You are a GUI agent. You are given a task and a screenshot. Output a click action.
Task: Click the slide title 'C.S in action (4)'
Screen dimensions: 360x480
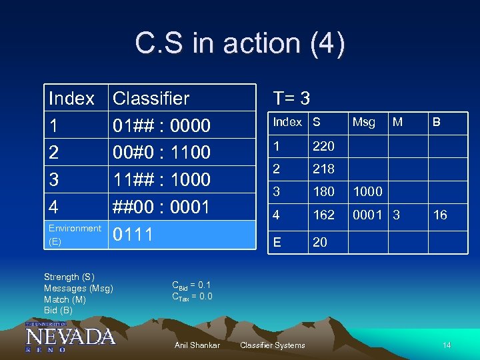pyautogui.click(x=240, y=44)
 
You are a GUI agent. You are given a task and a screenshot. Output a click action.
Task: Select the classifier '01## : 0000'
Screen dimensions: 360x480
pyautogui.click(x=162, y=125)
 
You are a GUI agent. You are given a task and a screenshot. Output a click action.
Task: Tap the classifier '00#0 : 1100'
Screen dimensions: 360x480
pyautogui.click(x=162, y=153)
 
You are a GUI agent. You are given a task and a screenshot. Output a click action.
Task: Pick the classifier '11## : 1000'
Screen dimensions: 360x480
pyautogui.click(x=162, y=180)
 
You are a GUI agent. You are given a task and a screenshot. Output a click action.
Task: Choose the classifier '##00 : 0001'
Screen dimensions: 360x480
pyautogui.click(x=162, y=207)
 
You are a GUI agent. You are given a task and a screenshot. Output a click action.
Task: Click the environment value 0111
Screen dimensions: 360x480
pyautogui.click(x=133, y=235)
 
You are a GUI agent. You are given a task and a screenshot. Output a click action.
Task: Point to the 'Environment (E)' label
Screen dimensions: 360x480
pyautogui.click(x=75, y=235)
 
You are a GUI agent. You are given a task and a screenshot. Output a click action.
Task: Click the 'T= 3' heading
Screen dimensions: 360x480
pyautogui.click(x=291, y=99)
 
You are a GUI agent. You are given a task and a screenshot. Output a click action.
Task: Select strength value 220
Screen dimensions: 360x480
pyautogui.click(x=323, y=146)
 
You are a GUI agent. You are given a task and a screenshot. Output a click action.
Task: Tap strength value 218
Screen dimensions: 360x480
pyautogui.click(x=323, y=169)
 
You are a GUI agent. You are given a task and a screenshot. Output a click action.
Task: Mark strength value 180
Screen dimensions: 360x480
pyautogui.click(x=323, y=192)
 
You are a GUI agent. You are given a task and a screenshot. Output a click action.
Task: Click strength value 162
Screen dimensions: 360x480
pyautogui.click(x=323, y=215)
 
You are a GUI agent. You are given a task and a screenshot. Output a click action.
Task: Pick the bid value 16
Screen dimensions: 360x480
pyautogui.click(x=439, y=215)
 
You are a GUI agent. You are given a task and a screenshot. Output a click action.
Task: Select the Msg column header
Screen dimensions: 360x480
pyautogui.click(x=363, y=122)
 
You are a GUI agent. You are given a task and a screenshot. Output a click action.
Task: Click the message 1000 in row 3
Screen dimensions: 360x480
pyautogui.click(x=367, y=192)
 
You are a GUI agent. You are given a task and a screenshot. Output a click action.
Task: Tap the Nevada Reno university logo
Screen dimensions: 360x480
pyautogui.click(x=70, y=336)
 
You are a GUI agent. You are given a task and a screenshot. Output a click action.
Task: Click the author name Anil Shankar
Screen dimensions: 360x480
pyautogui.click(x=197, y=345)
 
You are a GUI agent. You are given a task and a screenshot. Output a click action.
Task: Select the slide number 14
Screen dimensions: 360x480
pyautogui.click(x=447, y=345)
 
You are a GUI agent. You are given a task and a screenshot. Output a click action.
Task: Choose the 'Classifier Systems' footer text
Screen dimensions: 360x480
pyautogui.click(x=272, y=345)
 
